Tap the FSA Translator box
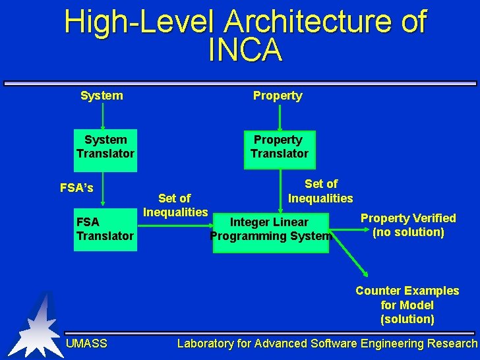tap(105, 229)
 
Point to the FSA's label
tap(76, 188)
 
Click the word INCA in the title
tap(245, 50)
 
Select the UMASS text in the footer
tap(86, 343)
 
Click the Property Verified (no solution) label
tap(408, 225)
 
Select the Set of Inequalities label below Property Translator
tap(320, 191)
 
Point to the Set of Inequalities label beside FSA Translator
tap(175, 205)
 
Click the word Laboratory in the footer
tap(205, 343)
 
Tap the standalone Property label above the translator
tap(278, 96)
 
